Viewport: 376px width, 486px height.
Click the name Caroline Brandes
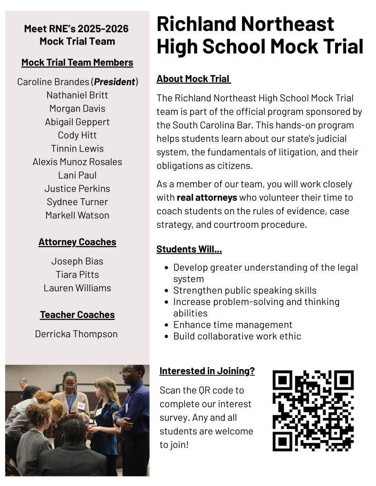53,82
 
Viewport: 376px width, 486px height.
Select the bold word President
115,82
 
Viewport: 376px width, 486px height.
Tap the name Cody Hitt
77,135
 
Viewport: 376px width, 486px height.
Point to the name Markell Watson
77,215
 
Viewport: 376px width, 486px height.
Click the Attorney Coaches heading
77,242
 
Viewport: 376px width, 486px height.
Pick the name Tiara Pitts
77,275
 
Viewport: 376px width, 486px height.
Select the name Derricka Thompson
76,334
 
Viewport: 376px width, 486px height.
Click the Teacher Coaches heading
77,314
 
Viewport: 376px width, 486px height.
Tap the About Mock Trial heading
193,79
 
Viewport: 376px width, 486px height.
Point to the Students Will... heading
189,249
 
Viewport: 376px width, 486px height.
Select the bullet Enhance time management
232,325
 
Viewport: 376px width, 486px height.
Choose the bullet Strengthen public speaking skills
244,290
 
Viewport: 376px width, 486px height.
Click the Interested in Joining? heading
207,371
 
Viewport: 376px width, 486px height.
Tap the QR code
313,410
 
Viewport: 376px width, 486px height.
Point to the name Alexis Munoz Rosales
77,162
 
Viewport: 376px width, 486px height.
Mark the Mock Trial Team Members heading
77,62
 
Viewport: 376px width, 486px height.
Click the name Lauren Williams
77,288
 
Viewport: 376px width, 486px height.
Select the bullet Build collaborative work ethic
237,336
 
